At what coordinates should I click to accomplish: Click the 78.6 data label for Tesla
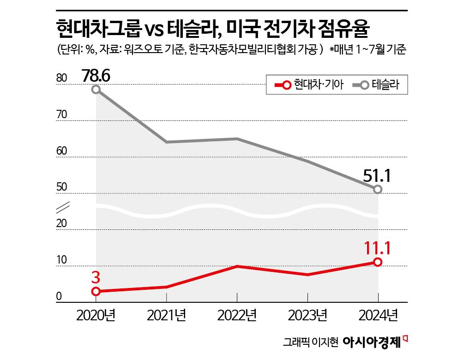click(96, 75)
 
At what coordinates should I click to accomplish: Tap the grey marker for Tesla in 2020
click(96, 90)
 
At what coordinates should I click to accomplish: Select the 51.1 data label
click(377, 175)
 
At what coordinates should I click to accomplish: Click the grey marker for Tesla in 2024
click(378, 189)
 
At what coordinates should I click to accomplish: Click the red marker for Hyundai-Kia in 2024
click(378, 262)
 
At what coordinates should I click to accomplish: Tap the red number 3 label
click(96, 277)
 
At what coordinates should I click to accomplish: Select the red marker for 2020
click(96, 291)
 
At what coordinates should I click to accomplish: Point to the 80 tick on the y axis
click(61, 79)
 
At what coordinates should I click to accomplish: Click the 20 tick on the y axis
click(61, 224)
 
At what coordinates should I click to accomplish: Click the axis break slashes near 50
click(62, 206)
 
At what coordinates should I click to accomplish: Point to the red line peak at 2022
click(237, 266)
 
